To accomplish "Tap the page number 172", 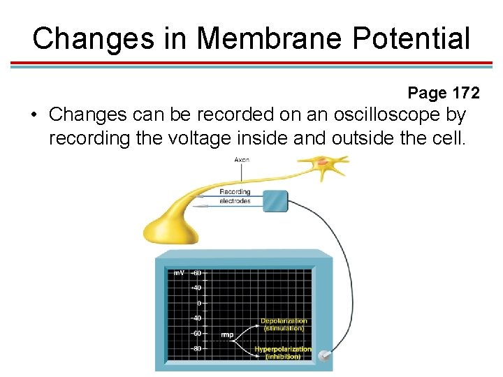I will (465, 93).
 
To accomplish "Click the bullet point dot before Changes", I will (34, 114).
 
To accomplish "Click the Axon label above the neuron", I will (242, 160).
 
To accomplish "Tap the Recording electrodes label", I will (235, 196).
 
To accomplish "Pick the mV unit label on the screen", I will (179, 273).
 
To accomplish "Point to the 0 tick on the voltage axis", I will (198, 303).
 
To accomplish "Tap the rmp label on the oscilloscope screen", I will (227, 335).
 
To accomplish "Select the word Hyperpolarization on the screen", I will (282, 349).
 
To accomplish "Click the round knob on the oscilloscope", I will (323, 356).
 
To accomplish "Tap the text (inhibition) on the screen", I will (282, 357).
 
